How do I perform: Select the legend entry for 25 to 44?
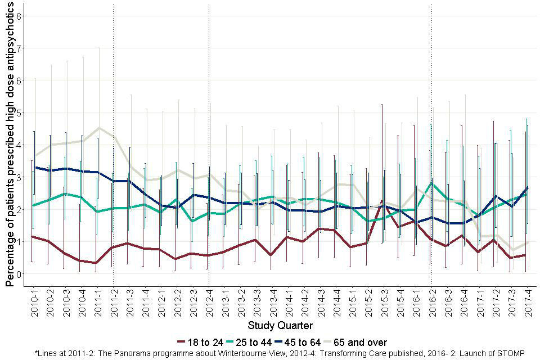coord(260,342)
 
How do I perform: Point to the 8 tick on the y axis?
coord(19,16)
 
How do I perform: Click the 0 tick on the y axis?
coord(19,274)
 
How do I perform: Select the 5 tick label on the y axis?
coord(19,113)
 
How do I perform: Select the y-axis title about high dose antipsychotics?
coord(10,143)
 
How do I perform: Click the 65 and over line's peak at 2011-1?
coord(99,128)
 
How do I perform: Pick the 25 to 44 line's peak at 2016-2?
coord(431,183)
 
